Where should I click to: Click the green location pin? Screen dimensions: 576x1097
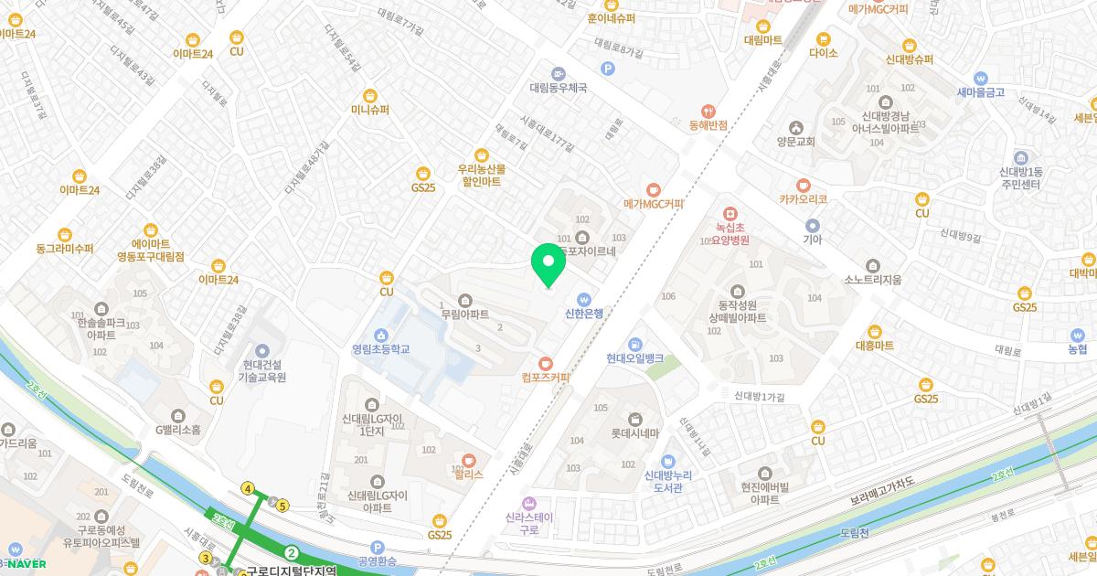click(548, 263)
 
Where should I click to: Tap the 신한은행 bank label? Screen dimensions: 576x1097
click(584, 314)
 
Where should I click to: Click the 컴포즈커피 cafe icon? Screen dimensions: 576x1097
click(546, 363)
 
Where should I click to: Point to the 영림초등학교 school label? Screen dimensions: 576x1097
click(380, 348)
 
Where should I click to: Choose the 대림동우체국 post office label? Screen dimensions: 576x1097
click(558, 89)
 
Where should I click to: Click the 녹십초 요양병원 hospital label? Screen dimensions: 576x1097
click(731, 233)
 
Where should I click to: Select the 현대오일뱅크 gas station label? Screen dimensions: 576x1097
click(634, 358)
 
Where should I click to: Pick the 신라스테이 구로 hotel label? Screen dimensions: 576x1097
click(527, 522)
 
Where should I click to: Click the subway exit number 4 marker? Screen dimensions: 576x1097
click(248, 489)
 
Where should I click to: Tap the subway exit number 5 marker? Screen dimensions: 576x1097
click(283, 506)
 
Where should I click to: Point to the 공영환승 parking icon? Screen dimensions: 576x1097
click(376, 547)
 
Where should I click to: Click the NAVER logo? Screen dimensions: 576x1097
click(27, 563)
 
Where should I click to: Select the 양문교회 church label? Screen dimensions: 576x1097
click(795, 142)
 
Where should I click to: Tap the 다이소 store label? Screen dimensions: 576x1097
click(823, 53)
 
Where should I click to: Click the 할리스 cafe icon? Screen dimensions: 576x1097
click(469, 461)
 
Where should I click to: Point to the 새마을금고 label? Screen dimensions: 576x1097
click(981, 92)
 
